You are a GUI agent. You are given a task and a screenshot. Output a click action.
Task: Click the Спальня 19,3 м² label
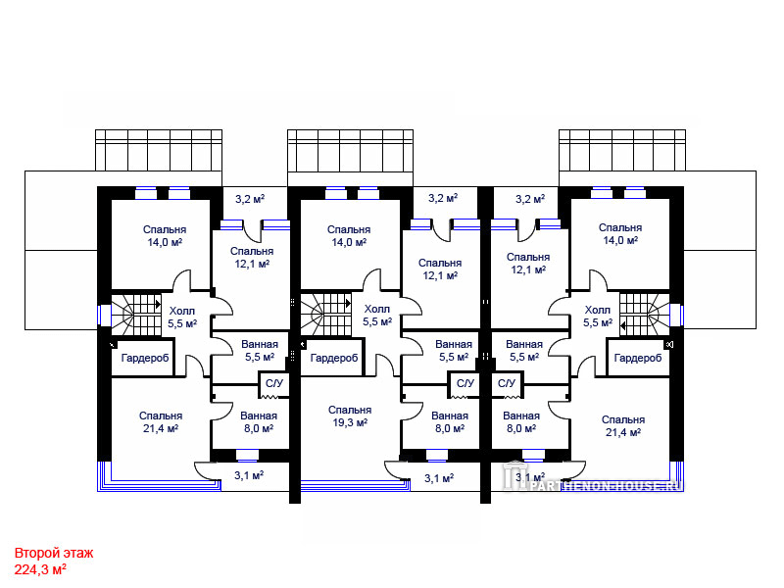[x=350, y=416]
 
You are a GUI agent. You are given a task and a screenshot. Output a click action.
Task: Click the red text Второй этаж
[x=54, y=553]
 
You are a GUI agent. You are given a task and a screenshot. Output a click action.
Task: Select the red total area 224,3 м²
[x=40, y=569]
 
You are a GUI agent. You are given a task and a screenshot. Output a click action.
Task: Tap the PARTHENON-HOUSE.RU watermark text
[x=606, y=485]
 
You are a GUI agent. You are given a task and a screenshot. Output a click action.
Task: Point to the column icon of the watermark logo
[x=512, y=474]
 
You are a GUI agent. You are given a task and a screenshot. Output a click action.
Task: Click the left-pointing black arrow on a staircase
[x=622, y=326]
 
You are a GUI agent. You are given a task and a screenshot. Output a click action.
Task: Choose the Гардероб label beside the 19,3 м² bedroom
[x=333, y=358]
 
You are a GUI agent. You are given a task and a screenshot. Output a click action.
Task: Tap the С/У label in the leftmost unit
[x=274, y=383]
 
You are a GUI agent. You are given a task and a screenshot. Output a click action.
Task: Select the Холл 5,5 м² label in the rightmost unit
[x=598, y=317]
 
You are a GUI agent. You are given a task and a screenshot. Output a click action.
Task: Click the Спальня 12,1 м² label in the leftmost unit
[x=252, y=257]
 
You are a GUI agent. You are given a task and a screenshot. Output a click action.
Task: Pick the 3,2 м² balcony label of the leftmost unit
[x=250, y=199]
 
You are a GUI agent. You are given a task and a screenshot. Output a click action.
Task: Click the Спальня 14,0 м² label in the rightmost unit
[x=620, y=234]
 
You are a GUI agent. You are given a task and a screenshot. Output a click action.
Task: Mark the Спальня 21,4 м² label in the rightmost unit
[x=623, y=426]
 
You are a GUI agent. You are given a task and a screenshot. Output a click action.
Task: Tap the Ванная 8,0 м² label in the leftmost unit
[x=259, y=422]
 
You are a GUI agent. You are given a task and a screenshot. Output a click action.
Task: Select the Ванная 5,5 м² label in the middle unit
[x=454, y=351]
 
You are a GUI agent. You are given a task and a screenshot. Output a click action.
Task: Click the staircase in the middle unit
[x=325, y=315]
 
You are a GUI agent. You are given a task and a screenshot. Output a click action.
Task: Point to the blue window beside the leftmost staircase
[x=104, y=315]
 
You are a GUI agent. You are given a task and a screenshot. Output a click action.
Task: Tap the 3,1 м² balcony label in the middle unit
[x=439, y=478]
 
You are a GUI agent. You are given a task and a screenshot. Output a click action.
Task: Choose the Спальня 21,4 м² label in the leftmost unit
[x=161, y=422]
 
